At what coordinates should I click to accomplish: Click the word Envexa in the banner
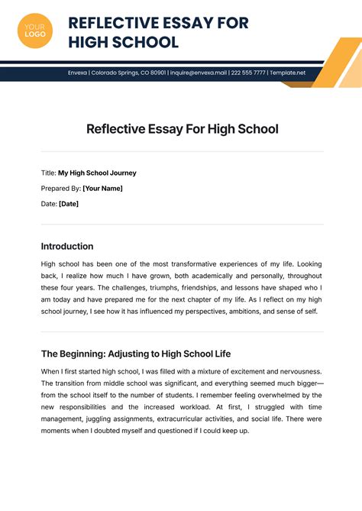point(77,73)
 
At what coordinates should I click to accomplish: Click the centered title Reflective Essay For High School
point(182,129)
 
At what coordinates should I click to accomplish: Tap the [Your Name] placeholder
point(102,188)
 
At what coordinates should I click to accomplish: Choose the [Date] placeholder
point(69,203)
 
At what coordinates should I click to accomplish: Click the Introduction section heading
point(67,246)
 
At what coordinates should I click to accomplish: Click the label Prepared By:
point(60,188)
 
